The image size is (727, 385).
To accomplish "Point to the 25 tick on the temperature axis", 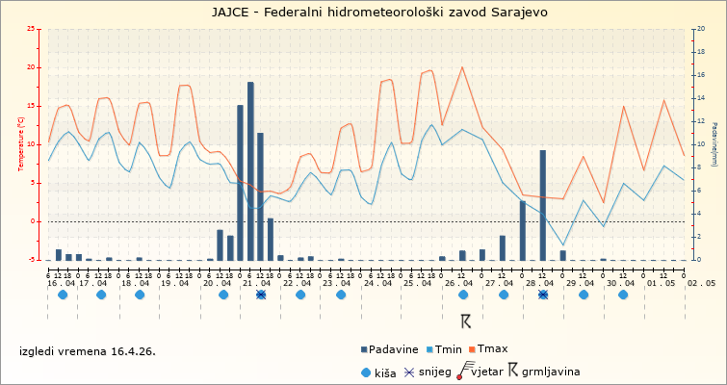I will click(34, 29).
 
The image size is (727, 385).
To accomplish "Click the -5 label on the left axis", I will click(34, 260).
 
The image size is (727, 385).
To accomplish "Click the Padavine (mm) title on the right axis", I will click(714, 143).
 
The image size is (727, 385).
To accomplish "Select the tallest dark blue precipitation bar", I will click(250, 170).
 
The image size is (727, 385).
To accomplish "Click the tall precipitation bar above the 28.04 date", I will click(543, 204).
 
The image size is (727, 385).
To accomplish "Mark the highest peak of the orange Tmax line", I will click(462, 67).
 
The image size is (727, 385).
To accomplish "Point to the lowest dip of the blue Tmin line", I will click(563, 245).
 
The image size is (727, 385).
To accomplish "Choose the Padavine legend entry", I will click(391, 348).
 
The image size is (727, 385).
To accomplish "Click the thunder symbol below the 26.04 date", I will click(465, 321).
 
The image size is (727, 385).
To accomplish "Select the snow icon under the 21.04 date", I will click(261, 295).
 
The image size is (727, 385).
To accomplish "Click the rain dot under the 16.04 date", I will click(63, 295).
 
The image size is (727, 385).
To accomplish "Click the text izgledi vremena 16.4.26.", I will click(87, 351).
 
